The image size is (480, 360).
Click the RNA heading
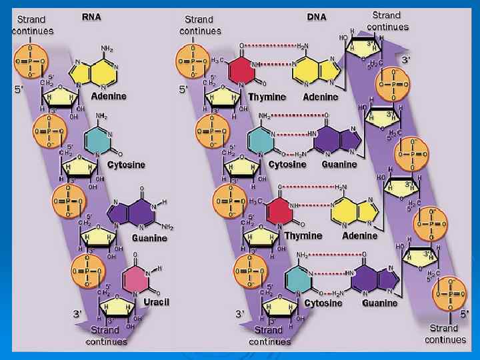pyautogui.click(x=91, y=17)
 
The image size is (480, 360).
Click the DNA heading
pyautogui.click(x=317, y=17)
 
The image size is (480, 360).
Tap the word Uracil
pyautogui.click(x=157, y=302)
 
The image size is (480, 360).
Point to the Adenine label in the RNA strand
pyautogui.click(x=108, y=96)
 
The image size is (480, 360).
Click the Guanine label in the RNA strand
pyautogui.click(x=149, y=237)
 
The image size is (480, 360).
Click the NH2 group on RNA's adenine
pyautogui.click(x=107, y=48)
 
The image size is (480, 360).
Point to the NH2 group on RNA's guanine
pyautogui.click(x=166, y=226)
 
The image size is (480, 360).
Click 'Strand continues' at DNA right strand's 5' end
pyautogui.click(x=443, y=333)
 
